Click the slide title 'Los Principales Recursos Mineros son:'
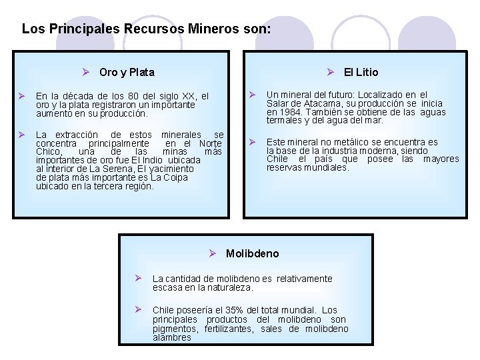147,29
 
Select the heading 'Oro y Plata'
127,72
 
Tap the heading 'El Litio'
361,72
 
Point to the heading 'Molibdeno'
252,254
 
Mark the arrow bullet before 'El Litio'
330,72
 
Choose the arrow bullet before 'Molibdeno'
212,253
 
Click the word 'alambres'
172,337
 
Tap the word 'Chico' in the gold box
49,151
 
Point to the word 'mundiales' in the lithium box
326,167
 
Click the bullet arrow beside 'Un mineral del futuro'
253,94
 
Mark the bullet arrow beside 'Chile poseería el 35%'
137,309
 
